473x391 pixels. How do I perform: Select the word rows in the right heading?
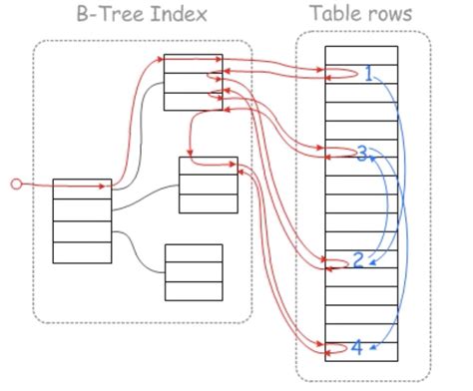390,14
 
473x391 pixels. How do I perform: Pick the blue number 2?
358,260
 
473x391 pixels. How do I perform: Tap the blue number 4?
356,348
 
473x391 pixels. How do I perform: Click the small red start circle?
15,184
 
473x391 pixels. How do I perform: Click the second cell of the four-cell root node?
82,209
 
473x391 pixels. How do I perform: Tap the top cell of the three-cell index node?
193,64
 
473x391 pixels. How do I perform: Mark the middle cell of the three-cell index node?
193,83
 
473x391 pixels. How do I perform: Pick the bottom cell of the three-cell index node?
193,102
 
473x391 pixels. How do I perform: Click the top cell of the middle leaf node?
209,167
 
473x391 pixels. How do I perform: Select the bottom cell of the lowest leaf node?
194,291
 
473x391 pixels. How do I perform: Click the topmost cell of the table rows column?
361,55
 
